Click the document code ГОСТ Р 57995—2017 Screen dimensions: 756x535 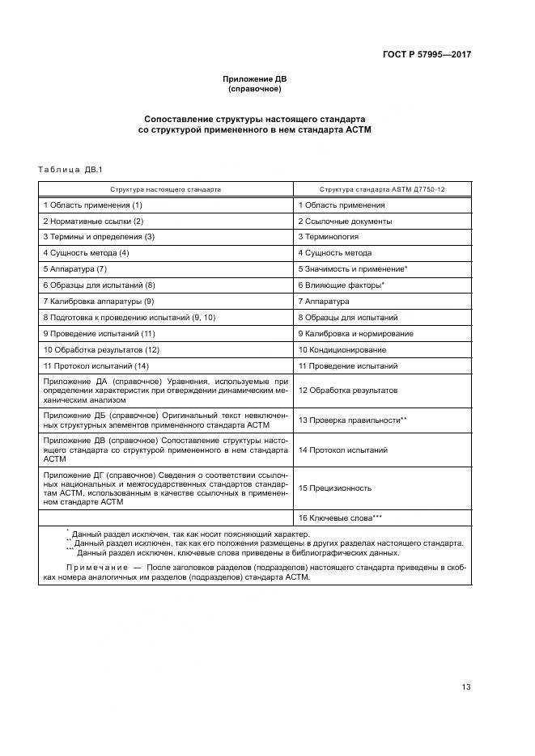click(x=427, y=55)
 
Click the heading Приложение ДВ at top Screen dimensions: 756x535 click(x=254, y=78)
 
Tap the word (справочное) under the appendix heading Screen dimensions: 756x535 click(x=254, y=88)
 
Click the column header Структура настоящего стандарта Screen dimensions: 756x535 click(x=166, y=188)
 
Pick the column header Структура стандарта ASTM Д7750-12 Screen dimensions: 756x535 click(x=382, y=188)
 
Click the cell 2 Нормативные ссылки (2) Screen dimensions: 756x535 click(x=93, y=221)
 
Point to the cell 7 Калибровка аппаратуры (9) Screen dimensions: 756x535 click(x=99, y=301)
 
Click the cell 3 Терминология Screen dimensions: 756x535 click(x=328, y=237)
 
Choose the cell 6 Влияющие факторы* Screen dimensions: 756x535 click(x=341, y=285)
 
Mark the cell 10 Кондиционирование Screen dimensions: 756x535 click(x=342, y=349)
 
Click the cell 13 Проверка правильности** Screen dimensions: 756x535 click(x=352, y=420)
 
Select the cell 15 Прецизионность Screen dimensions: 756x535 click(x=335, y=488)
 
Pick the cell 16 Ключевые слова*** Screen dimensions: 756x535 click(x=341, y=517)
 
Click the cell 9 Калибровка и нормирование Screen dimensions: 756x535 click(x=355, y=333)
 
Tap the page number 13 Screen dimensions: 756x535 click(x=466, y=686)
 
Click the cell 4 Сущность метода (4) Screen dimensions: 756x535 click(x=87, y=253)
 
